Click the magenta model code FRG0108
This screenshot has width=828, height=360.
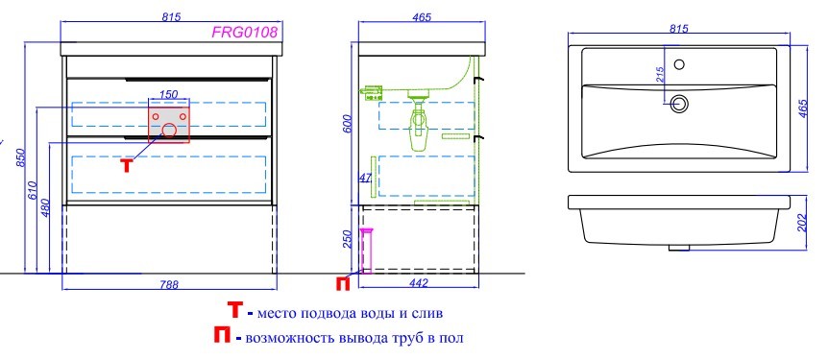coord(245,33)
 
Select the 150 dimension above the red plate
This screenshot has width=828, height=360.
coord(168,94)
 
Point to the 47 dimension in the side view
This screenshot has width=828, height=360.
coord(365,178)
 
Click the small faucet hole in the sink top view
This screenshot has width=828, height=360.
coord(679,65)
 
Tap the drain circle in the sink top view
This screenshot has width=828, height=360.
coord(681,103)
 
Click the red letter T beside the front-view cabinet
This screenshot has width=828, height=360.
coord(126,164)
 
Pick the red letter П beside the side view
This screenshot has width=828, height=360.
coord(343,282)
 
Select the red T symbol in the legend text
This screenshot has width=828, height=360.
coord(233,311)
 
